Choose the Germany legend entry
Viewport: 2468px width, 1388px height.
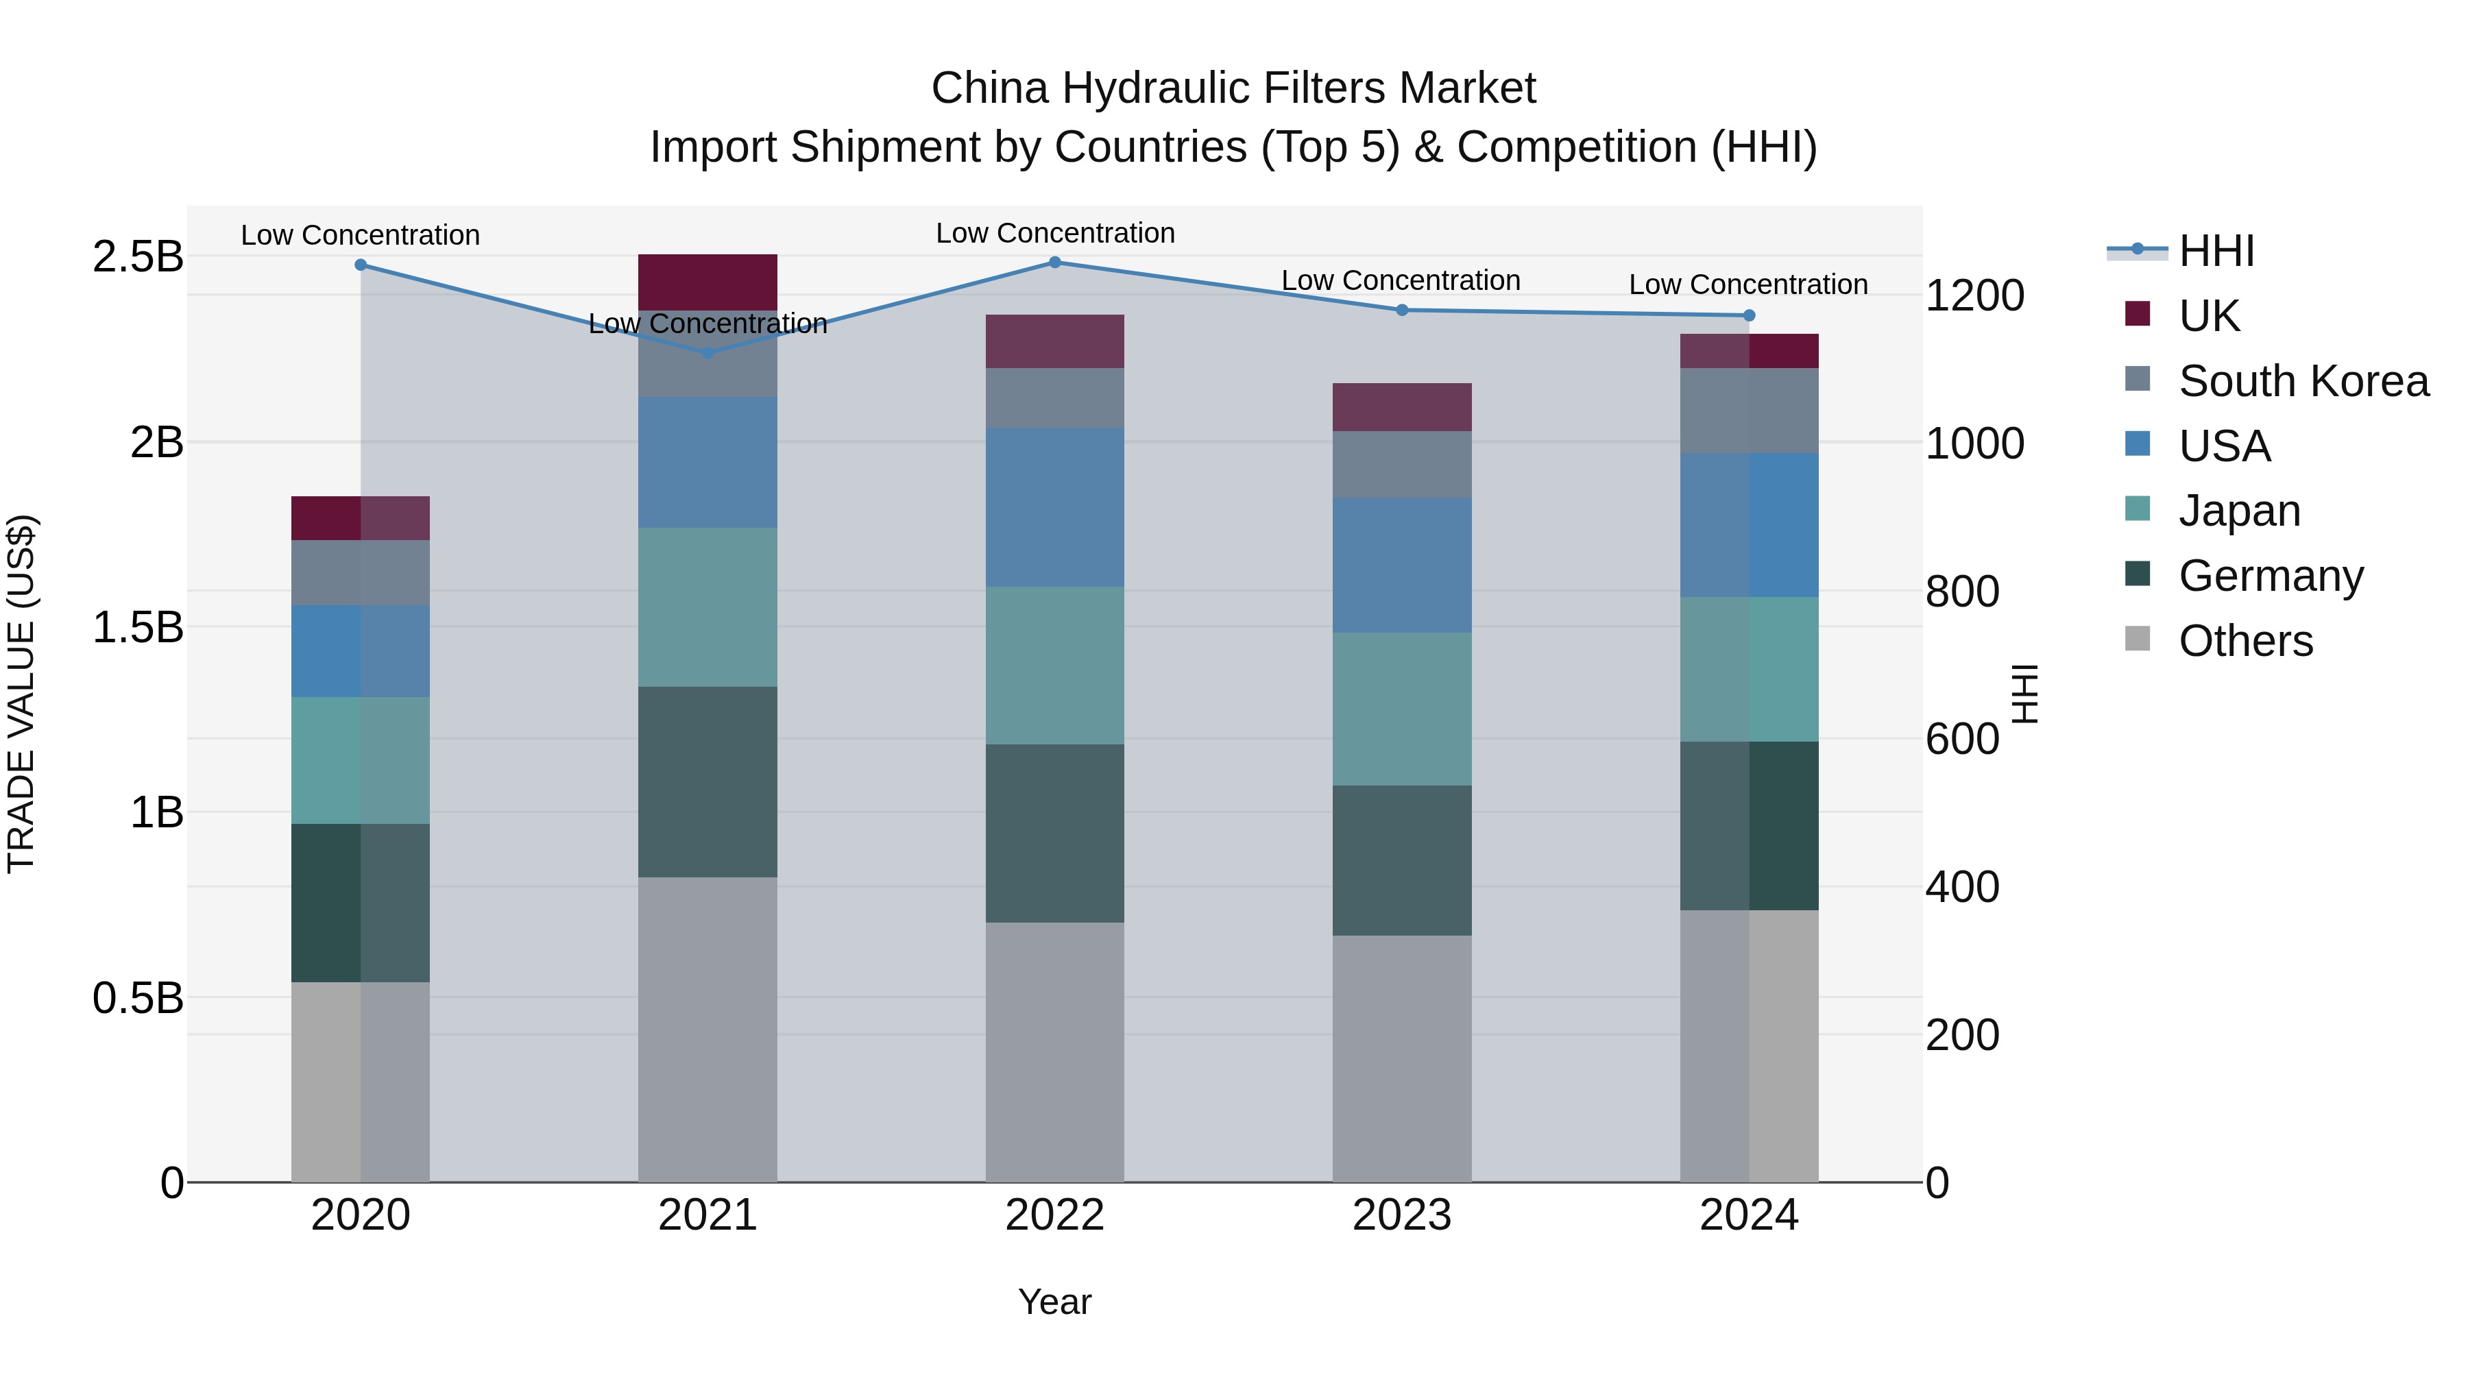click(2271, 576)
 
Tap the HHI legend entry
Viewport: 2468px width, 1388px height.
click(2215, 251)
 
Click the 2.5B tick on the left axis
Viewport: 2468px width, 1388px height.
click(137, 257)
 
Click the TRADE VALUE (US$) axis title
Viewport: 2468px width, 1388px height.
click(21, 694)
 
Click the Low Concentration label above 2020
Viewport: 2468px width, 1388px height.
click(360, 234)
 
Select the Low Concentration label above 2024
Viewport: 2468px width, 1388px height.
click(1747, 284)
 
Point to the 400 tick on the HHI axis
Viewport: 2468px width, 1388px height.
click(1962, 887)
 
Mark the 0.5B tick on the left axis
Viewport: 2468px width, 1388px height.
click(137, 998)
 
